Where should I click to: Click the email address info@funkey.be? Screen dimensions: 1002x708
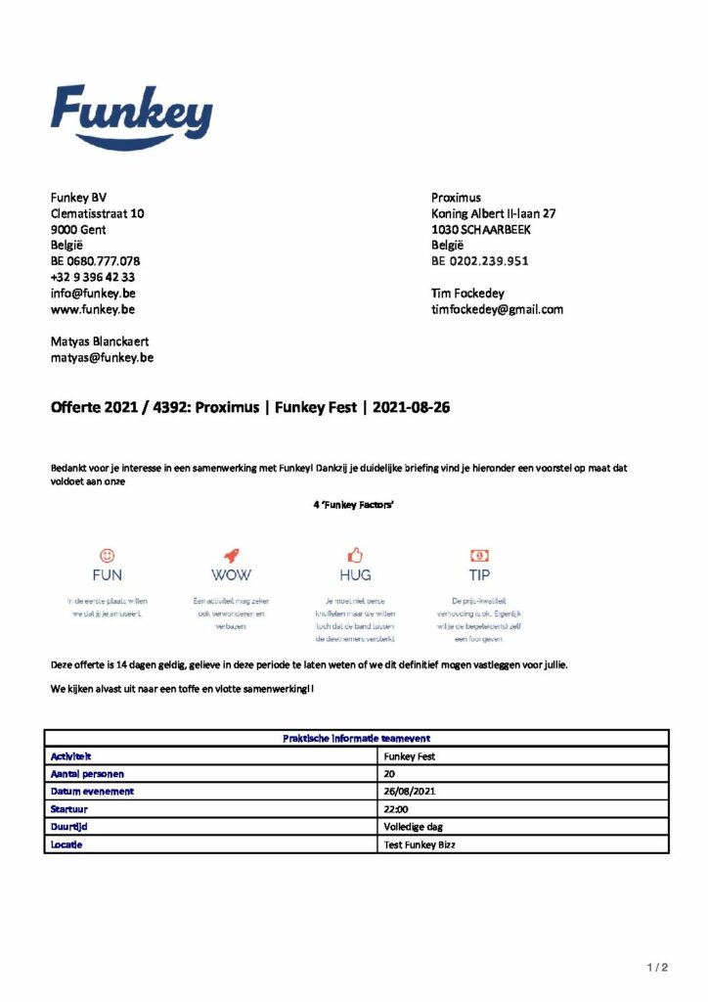[93, 293]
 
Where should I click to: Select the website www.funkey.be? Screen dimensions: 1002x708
[93, 309]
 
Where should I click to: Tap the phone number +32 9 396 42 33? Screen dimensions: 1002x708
[93, 277]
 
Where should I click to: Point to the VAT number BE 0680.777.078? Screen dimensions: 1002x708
[95, 261]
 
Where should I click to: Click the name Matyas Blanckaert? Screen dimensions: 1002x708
[101, 342]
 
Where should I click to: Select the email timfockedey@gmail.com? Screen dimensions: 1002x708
[497, 309]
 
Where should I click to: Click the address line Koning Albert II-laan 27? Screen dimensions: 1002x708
[494, 213]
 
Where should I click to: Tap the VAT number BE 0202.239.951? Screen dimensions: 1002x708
[480, 261]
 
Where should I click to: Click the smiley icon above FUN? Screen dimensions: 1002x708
[108, 555]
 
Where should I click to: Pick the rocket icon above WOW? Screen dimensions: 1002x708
[231, 555]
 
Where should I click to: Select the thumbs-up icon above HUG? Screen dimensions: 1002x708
[355, 555]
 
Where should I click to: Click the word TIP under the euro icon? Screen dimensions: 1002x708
[479, 575]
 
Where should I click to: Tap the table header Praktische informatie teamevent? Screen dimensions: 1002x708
[356, 739]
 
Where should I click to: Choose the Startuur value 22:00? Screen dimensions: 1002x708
[397, 808]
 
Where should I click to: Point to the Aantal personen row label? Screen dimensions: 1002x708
[87, 773]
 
